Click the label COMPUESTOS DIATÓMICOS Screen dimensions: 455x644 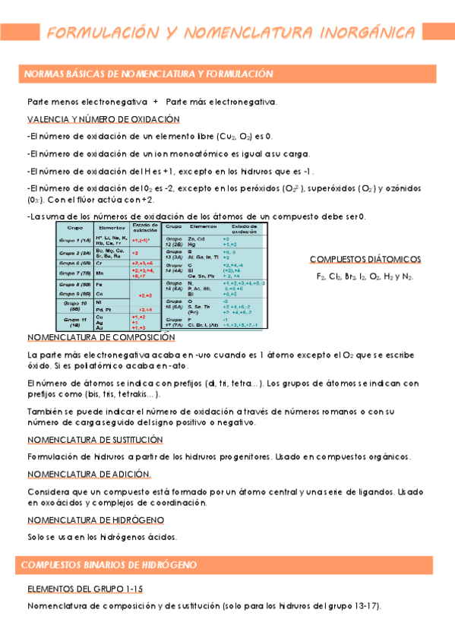pyautogui.click(x=365, y=259)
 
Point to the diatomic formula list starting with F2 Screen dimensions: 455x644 pyautogui.click(x=365, y=277)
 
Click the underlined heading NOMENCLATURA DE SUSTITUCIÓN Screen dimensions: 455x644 pyautogui.click(x=98, y=439)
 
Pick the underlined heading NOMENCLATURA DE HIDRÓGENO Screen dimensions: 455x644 pyautogui.click(x=96, y=519)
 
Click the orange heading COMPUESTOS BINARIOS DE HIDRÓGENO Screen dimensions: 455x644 pyautogui.click(x=109, y=565)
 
